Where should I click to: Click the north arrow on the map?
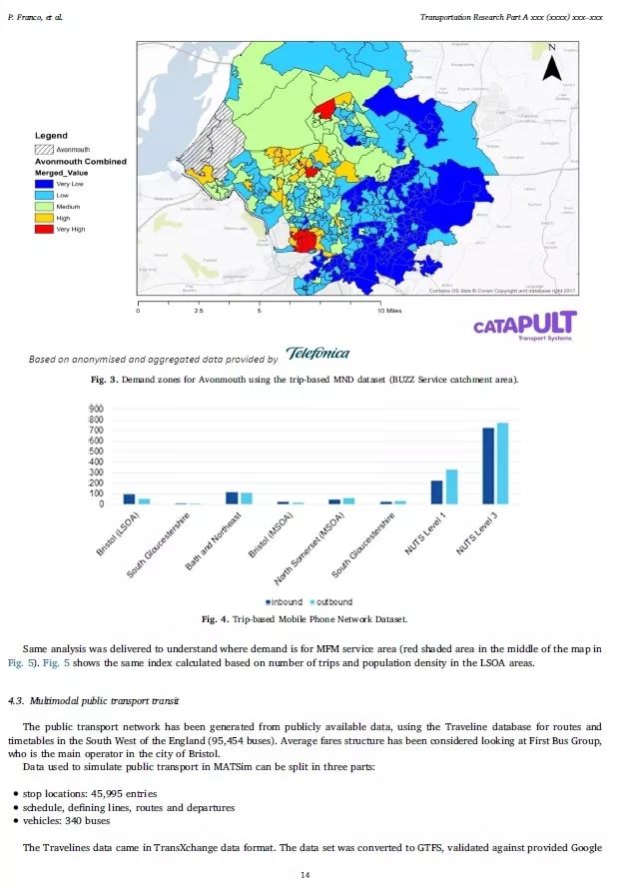(552, 63)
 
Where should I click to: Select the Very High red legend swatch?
(45, 229)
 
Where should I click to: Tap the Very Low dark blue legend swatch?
(45, 183)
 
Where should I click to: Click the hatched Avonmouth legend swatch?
(45, 148)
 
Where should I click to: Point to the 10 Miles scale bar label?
(389, 311)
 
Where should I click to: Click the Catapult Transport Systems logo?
(524, 326)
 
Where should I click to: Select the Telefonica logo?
(316, 354)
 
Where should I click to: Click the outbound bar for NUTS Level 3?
(502, 463)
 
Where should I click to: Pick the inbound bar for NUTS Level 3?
(488, 465)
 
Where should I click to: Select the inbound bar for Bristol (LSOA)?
(129, 498)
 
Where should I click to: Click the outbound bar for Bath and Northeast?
(247, 498)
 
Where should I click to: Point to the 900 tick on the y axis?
(97, 410)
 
